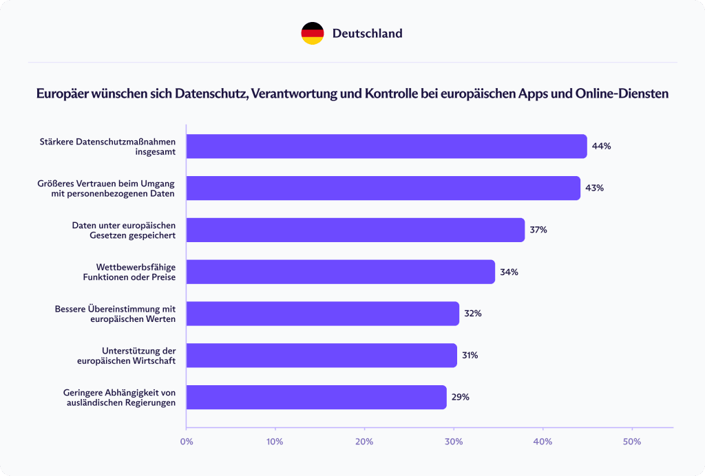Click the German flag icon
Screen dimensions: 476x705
point(312,33)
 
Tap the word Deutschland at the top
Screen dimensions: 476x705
point(367,33)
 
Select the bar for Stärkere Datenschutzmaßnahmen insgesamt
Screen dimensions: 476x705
point(386,147)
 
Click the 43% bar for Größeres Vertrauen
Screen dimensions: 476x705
point(383,188)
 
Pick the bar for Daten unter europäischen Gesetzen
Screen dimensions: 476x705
point(355,230)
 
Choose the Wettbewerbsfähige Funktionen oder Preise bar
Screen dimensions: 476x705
point(340,272)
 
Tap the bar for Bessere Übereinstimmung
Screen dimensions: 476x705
point(322,314)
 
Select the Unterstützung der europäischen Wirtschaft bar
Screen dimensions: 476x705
point(322,356)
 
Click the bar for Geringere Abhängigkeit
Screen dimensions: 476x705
point(316,398)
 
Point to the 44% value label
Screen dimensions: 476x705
point(602,147)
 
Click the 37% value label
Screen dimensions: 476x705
point(538,230)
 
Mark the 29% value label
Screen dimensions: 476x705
point(460,398)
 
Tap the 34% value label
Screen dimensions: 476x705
point(509,272)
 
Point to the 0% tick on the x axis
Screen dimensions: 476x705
point(186,441)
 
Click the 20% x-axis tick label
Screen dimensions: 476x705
point(364,441)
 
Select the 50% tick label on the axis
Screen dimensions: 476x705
point(631,441)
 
